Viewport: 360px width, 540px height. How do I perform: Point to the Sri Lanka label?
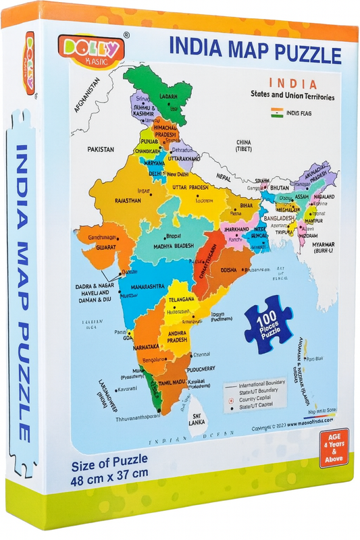197,419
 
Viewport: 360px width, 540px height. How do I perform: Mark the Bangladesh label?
279,219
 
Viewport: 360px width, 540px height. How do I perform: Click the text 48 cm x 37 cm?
109,473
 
